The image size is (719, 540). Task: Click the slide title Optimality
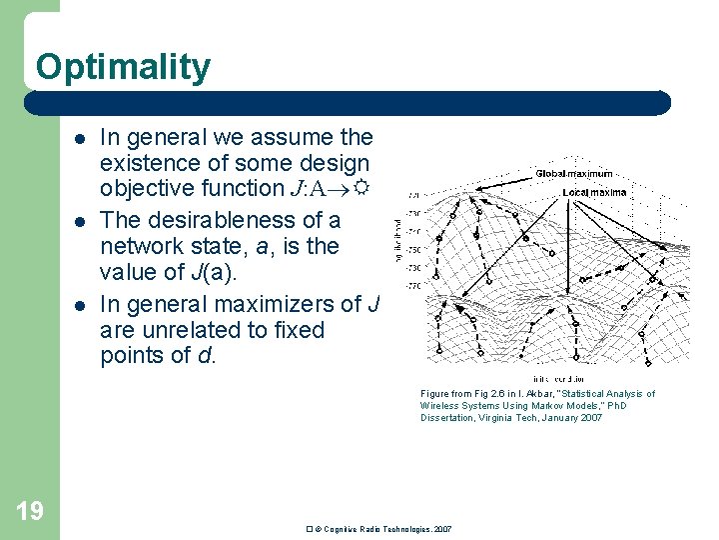point(123,67)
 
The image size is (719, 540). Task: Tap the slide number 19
point(30,511)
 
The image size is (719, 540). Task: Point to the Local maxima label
point(594,192)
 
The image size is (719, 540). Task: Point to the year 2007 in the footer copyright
point(441,528)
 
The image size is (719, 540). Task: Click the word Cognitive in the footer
point(344,528)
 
